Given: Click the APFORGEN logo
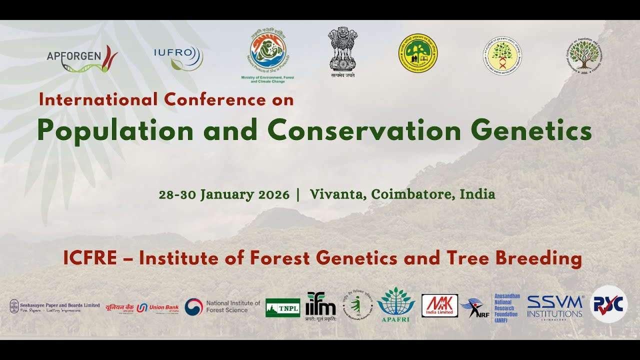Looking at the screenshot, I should point(82,58).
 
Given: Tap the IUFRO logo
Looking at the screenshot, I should point(178,57).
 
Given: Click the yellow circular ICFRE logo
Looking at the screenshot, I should point(417,53).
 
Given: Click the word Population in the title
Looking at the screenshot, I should point(115,131).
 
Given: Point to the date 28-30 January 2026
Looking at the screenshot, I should point(224,194).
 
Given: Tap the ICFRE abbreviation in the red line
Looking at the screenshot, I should point(90,258).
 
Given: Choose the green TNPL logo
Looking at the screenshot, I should point(282,307).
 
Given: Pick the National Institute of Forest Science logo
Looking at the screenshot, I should point(222,306).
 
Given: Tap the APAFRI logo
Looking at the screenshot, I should point(395,304).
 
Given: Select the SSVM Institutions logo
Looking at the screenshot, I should point(554,306).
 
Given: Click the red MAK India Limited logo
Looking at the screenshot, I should point(439,305).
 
